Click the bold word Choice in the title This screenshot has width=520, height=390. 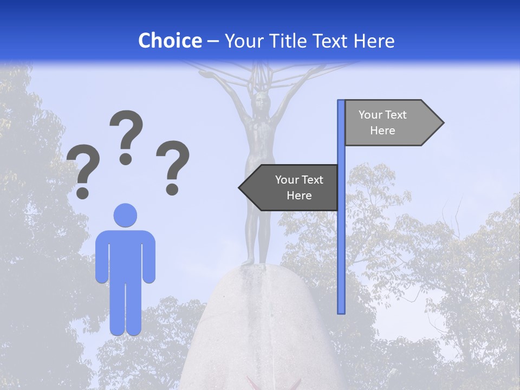(x=170, y=41)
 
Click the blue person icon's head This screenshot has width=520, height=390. (x=125, y=215)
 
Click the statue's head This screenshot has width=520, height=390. (x=262, y=100)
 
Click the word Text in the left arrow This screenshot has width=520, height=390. (x=312, y=180)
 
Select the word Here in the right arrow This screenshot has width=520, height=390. (x=382, y=131)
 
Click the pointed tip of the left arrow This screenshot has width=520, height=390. (x=240, y=188)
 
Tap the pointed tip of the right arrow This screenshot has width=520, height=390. (x=443, y=123)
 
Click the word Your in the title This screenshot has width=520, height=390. (x=243, y=41)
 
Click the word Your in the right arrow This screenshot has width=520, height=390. (x=370, y=115)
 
